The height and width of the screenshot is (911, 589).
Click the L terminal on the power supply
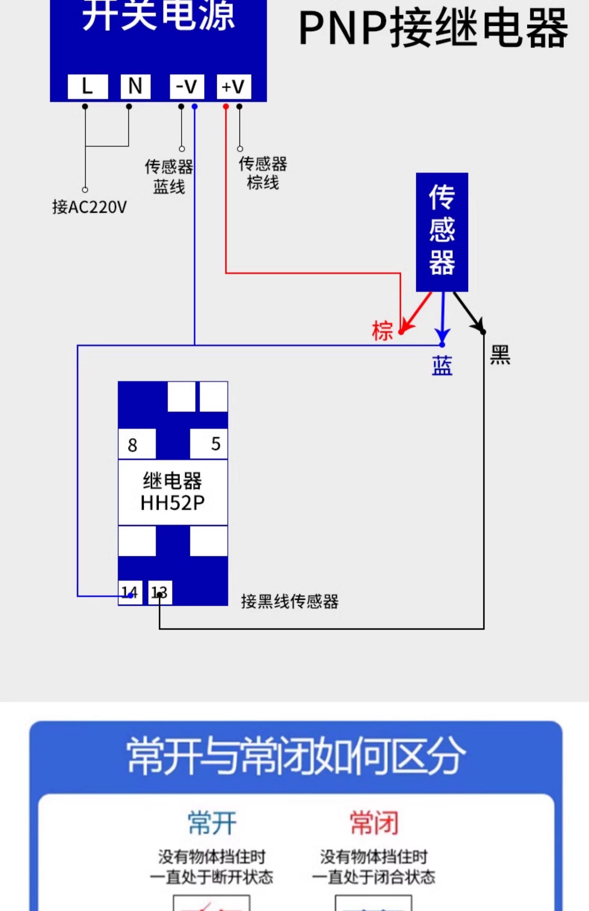pos(88,86)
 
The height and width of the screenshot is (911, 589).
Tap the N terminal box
pos(135,86)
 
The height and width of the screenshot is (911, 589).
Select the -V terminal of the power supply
pos(187,86)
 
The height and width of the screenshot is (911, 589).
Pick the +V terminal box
pos(234,86)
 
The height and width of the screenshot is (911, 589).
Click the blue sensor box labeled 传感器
pos(442,232)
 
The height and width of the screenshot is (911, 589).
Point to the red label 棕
pos(382,331)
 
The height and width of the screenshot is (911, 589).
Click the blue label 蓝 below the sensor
pos(442,366)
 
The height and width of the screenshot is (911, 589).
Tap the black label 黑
pos(500,355)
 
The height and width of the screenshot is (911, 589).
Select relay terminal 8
pos(137,444)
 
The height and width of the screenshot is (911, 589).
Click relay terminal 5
pos(209,444)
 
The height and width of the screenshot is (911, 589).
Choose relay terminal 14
pos(130,592)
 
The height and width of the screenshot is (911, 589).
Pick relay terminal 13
pos(160,592)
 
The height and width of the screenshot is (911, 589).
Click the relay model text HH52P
pos(173,503)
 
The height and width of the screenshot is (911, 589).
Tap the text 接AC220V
pos(90,207)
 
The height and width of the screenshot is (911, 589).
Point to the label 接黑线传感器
pos(290,601)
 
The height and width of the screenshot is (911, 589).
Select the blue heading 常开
pos(212,822)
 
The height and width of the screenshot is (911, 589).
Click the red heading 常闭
pos(374,822)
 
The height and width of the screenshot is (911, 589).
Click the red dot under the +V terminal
pos(226,107)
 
